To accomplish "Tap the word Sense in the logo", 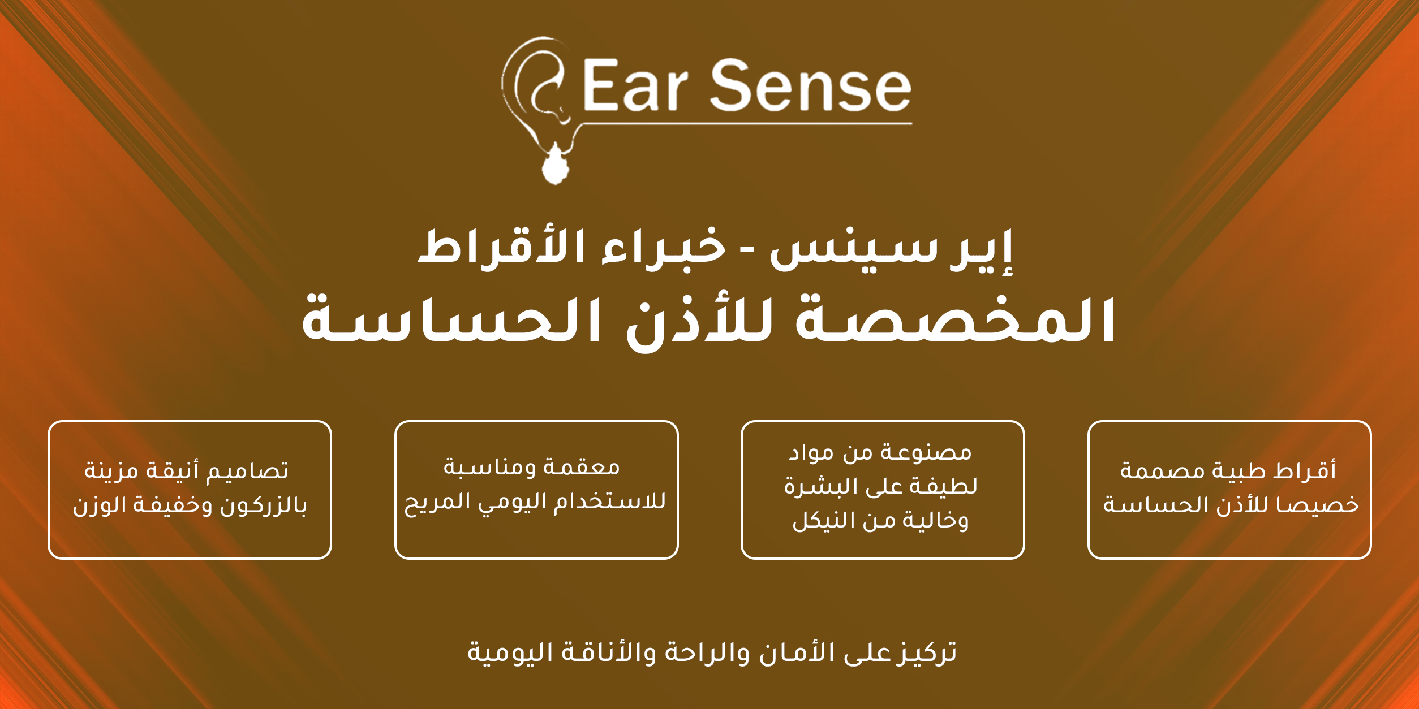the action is click(x=810, y=85).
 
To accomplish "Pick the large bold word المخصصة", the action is click(x=956, y=320).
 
